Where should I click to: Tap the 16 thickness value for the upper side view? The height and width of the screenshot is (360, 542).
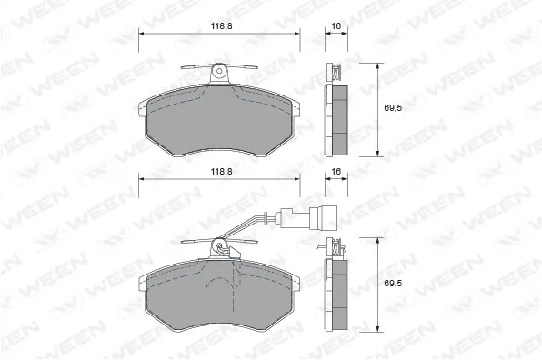[336, 26]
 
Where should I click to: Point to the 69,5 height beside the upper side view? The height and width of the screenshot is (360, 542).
[391, 108]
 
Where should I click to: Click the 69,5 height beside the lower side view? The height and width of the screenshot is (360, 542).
[391, 284]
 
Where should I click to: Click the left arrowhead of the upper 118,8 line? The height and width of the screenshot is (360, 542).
[141, 34]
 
